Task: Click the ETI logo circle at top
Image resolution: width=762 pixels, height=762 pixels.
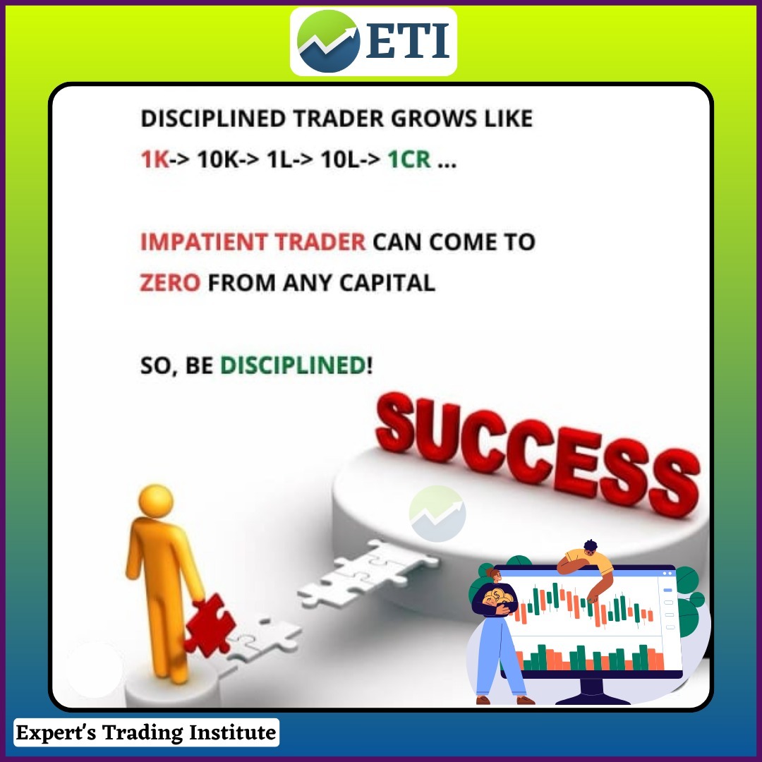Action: pyautogui.click(x=328, y=42)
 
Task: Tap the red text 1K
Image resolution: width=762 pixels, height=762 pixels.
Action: pyautogui.click(x=155, y=159)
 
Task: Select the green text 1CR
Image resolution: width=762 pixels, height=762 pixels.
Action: pyautogui.click(x=409, y=159)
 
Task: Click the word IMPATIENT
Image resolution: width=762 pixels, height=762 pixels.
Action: pyautogui.click(x=204, y=242)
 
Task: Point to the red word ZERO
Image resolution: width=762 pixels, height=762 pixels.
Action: pyautogui.click(x=170, y=283)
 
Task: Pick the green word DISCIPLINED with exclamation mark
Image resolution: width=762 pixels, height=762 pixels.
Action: pyautogui.click(x=296, y=365)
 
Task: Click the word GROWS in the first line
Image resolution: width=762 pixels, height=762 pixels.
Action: pyautogui.click(x=434, y=119)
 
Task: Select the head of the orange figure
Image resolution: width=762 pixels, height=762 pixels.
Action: pyautogui.click(x=155, y=501)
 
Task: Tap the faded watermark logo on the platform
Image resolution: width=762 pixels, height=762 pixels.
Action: pyautogui.click(x=437, y=514)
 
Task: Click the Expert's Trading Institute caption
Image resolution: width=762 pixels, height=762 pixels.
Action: pyautogui.click(x=146, y=732)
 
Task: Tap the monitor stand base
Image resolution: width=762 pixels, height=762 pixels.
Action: pyautogui.click(x=593, y=695)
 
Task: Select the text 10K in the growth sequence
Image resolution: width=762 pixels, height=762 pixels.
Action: pyautogui.click(x=218, y=159)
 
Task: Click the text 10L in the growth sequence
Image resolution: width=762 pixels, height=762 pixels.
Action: pyautogui.click(x=339, y=159)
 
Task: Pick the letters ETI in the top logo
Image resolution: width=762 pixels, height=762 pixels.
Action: pyautogui.click(x=407, y=42)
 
